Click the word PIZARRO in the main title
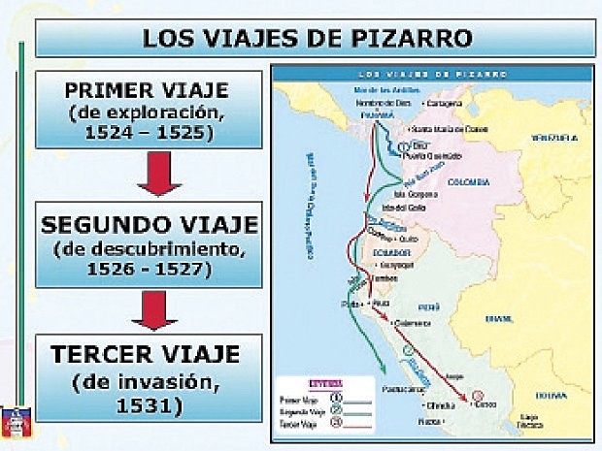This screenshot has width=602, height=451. tap(414, 38)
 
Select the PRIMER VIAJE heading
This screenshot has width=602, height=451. tap(147, 90)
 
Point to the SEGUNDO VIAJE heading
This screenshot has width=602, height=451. tap(150, 225)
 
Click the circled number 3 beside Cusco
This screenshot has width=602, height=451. tap(478, 396)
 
